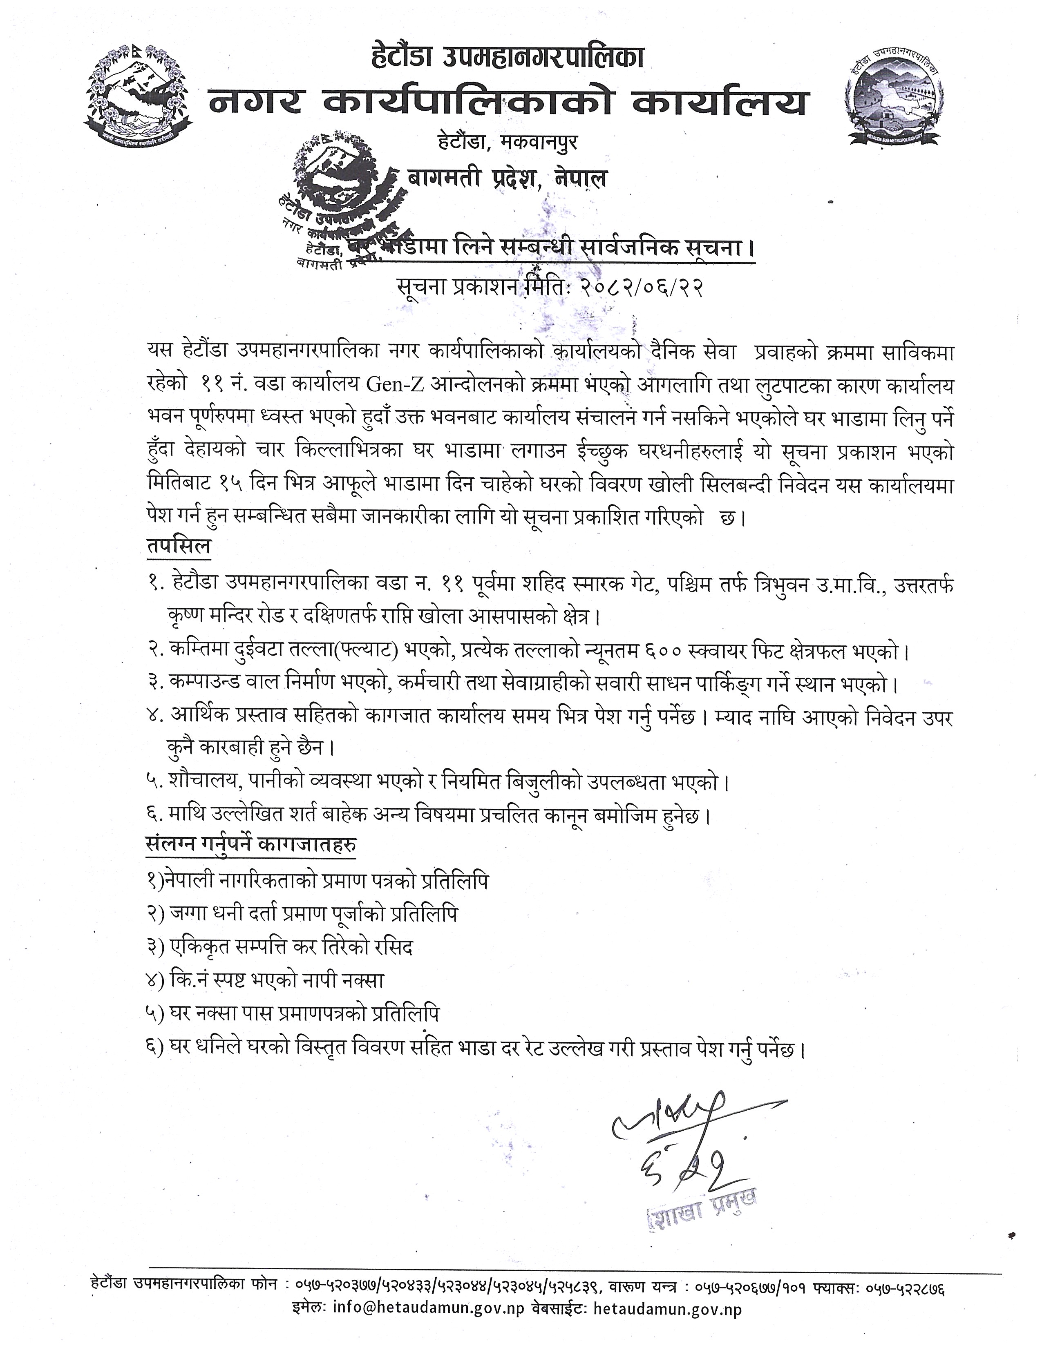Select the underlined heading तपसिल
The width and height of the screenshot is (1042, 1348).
pyautogui.click(x=179, y=547)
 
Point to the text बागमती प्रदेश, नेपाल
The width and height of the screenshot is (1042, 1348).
pyautogui.click(x=508, y=179)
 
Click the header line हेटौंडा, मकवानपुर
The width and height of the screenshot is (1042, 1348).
pyautogui.click(x=504, y=143)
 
